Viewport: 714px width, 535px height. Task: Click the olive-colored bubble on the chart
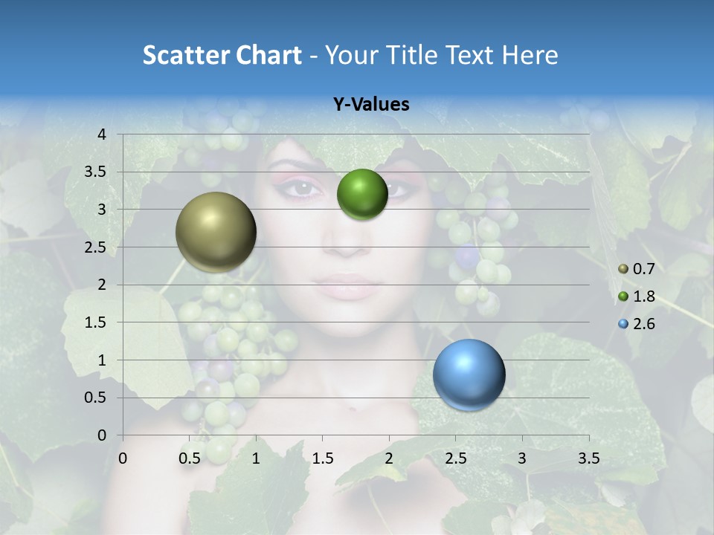216,232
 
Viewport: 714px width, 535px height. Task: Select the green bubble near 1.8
362,194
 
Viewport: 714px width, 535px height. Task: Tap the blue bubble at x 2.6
469,374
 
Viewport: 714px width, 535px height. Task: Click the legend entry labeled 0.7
637,269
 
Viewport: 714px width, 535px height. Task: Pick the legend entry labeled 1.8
637,296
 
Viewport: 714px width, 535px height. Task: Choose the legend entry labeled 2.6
637,324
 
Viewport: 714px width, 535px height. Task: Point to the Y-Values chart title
371,105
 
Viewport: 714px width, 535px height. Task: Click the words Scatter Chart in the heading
222,55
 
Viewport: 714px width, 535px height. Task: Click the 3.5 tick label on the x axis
588,459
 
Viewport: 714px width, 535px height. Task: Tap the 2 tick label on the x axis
389,459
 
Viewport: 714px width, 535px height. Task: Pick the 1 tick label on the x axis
256,459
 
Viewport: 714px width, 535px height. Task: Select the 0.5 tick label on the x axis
190,459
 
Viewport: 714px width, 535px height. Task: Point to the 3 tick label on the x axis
522,459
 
